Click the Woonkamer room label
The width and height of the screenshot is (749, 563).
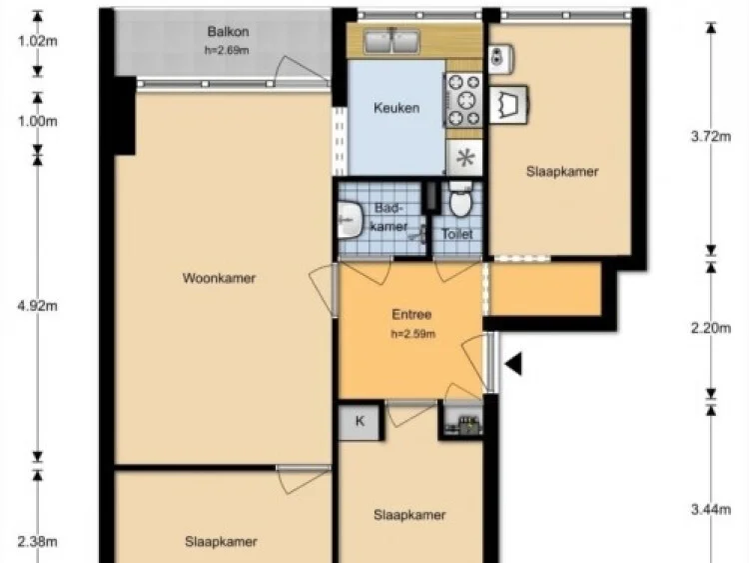click(219, 278)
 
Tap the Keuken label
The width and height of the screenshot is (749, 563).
click(396, 108)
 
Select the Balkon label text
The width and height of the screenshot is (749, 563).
click(228, 32)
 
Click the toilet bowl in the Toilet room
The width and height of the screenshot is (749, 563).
click(460, 199)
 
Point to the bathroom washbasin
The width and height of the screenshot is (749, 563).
click(350, 220)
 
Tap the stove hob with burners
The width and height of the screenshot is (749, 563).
click(462, 100)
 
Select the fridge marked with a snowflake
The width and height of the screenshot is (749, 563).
click(464, 157)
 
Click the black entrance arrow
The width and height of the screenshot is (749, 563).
click(513, 364)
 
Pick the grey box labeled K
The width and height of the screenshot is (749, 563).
click(360, 421)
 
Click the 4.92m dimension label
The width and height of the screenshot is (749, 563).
click(38, 306)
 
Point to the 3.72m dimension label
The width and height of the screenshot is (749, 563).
click(711, 137)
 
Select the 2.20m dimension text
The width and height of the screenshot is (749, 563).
click(711, 328)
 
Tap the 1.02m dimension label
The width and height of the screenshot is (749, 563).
click(38, 41)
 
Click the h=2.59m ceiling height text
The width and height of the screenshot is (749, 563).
click(413, 334)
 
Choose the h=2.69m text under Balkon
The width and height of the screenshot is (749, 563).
click(227, 50)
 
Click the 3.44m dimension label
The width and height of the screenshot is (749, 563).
click(711, 510)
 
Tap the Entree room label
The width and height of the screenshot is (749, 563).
click(411, 315)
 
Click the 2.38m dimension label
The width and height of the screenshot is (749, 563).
click(38, 542)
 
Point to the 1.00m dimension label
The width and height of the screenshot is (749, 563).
click(38, 121)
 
